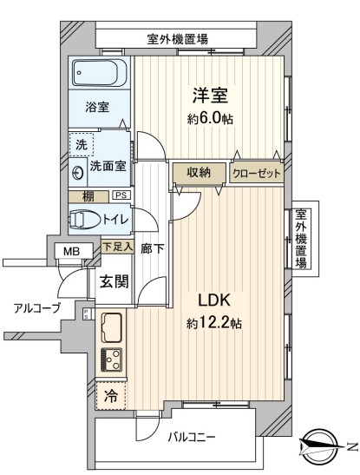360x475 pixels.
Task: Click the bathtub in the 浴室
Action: pyautogui.click(x=99, y=73)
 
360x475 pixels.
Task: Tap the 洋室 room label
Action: pyautogui.click(x=211, y=95)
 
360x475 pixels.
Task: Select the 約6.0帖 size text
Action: pyautogui.click(x=210, y=119)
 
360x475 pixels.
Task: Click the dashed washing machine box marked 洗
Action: pyautogui.click(x=81, y=144)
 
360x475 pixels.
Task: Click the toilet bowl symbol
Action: pyautogui.click(x=86, y=219)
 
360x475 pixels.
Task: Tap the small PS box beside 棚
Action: pyautogui.click(x=122, y=195)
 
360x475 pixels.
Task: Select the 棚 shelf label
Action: pyautogui.click(x=88, y=197)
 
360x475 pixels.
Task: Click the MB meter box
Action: pyautogui.click(x=74, y=251)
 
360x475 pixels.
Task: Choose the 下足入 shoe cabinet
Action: pyautogui.click(x=117, y=247)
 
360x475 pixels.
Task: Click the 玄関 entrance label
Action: pyautogui.click(x=114, y=281)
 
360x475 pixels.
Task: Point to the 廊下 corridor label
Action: pyautogui.click(x=153, y=249)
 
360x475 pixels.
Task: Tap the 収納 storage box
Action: pyautogui.click(x=199, y=173)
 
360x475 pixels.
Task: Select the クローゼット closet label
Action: pyautogui.click(x=257, y=174)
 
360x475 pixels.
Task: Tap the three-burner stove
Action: pyautogui.click(x=111, y=360)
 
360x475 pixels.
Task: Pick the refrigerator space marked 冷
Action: pyautogui.click(x=111, y=395)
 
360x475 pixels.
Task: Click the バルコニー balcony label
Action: pyautogui.click(x=192, y=437)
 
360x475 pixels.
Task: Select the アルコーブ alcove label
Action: pyautogui.click(x=37, y=308)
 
